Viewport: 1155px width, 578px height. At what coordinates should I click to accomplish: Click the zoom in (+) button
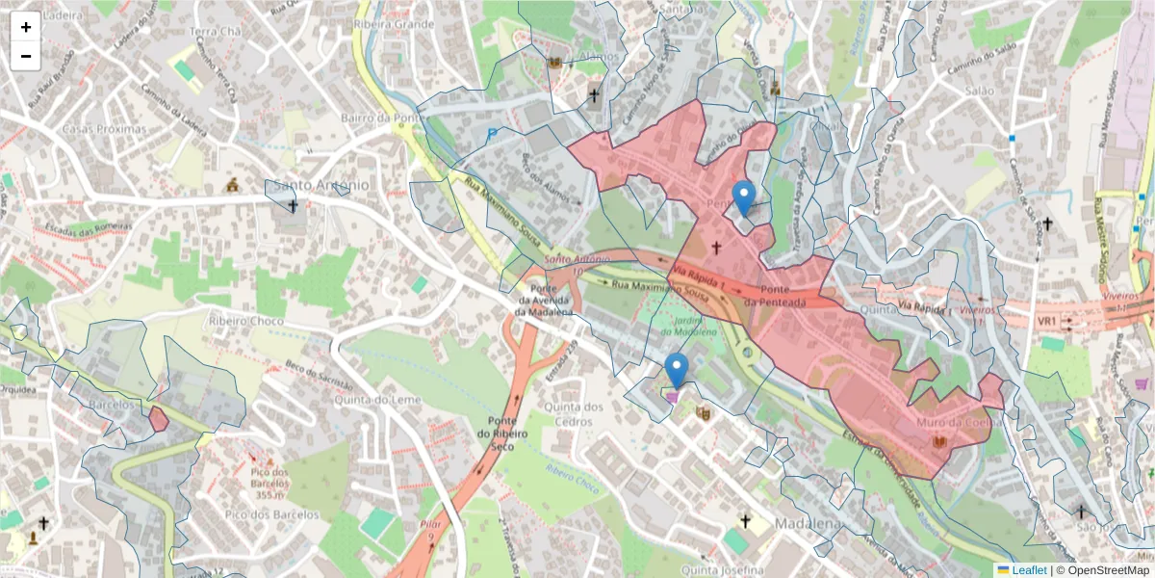pos(26,27)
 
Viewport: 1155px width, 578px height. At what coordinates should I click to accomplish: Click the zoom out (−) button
pos(26,56)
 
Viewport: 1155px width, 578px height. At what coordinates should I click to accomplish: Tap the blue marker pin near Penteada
pos(744,198)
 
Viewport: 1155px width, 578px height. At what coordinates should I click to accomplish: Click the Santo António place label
pos(321,184)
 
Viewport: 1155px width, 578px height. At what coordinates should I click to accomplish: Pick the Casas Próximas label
pos(103,128)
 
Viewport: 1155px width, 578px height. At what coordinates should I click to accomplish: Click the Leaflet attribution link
pos(1029,570)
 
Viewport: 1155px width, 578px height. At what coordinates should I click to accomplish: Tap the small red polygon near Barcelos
pos(159,419)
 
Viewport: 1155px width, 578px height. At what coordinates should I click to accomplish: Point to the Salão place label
pos(978,90)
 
